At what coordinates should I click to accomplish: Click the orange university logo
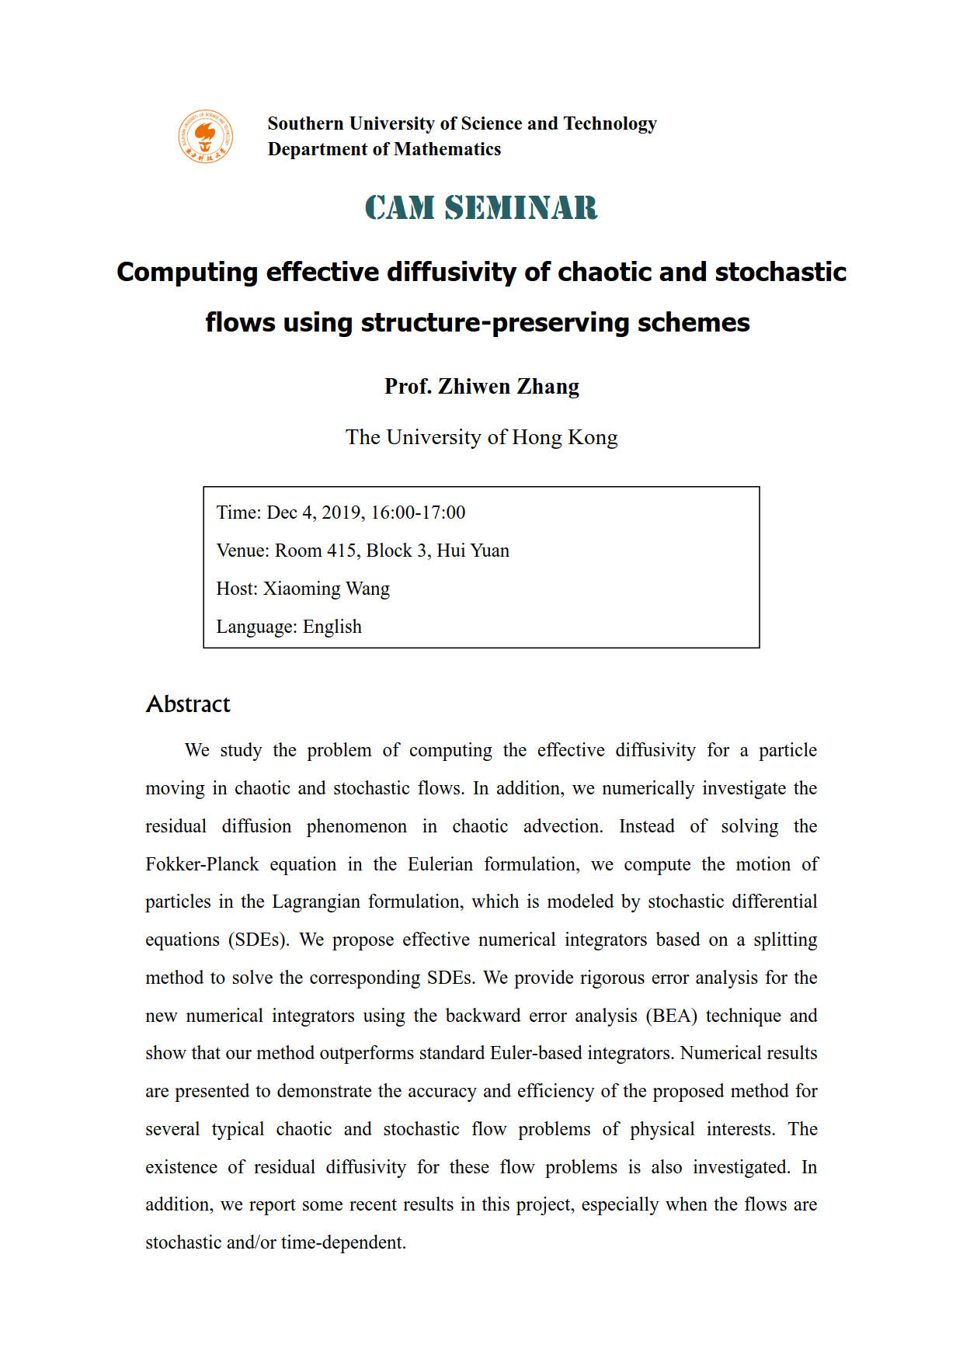coord(205,137)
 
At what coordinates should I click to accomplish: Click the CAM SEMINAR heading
coord(481,208)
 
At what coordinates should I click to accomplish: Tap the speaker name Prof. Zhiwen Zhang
coord(481,387)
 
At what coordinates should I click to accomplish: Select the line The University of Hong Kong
coord(481,438)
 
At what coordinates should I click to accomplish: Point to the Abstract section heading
coord(188,704)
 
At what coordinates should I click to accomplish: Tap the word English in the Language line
coord(332,627)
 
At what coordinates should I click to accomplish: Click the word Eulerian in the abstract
coord(440,864)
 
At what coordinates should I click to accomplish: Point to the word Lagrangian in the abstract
coord(316,902)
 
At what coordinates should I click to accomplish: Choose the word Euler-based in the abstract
coord(537,1053)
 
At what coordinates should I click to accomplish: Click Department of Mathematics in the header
coord(384,149)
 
